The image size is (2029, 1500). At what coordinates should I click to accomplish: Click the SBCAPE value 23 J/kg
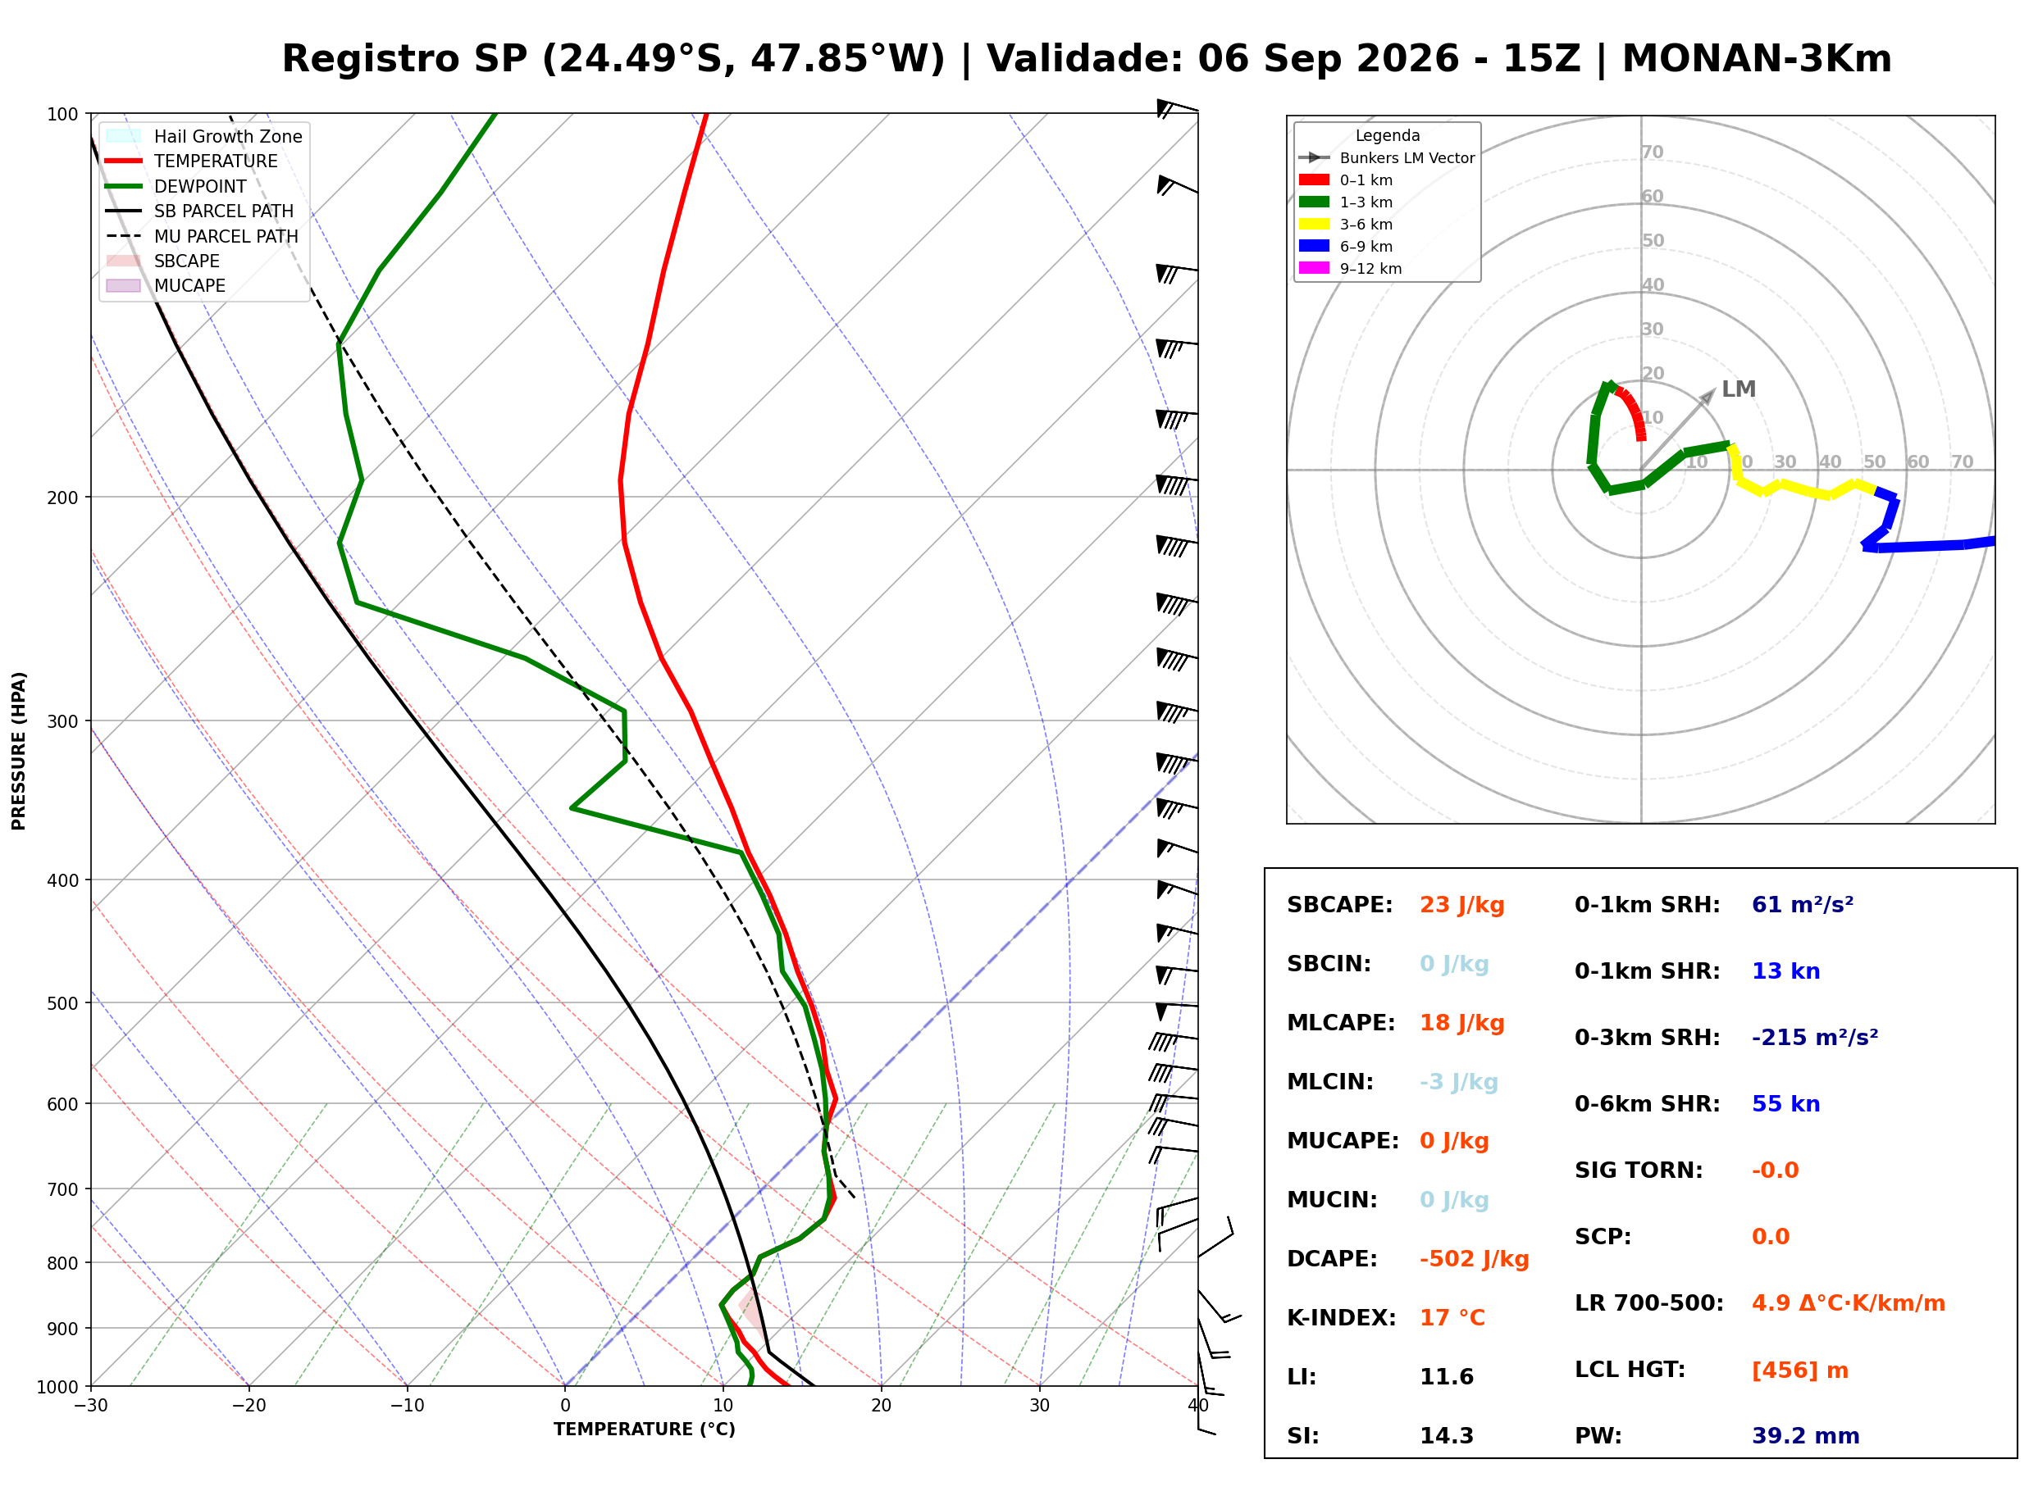1461,905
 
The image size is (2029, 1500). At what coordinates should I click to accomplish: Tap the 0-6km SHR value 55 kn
1785,1104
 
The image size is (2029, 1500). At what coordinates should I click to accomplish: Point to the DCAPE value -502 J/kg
1474,1259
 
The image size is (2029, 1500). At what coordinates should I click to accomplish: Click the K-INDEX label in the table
1341,1318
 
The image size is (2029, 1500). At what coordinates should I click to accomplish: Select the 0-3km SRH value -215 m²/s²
1815,1037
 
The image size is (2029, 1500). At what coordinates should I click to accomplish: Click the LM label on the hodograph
1739,389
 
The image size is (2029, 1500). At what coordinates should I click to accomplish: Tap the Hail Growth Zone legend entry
204,136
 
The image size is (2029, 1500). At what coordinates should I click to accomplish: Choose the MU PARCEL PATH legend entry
203,236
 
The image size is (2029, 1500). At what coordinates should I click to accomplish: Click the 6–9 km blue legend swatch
1313,246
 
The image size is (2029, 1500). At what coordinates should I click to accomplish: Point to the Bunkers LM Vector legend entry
1387,158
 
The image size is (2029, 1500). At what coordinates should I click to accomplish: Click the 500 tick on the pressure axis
65,1003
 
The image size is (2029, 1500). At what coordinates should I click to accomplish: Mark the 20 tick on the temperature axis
881,1406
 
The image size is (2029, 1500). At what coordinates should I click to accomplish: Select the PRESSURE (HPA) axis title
19,751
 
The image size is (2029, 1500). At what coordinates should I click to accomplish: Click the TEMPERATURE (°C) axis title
644,1430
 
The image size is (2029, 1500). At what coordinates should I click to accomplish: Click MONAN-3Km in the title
1757,59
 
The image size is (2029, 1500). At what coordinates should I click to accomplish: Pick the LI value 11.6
1446,1377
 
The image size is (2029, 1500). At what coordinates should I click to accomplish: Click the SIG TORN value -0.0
1775,1170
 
